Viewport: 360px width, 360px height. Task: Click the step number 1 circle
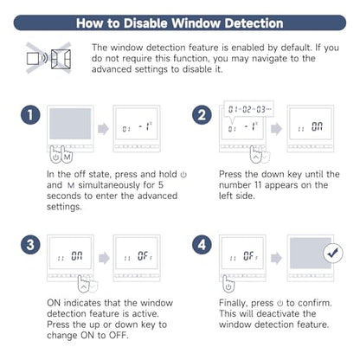coord(30,115)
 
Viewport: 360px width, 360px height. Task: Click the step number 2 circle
coord(202,115)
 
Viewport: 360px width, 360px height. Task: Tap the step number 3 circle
coord(30,245)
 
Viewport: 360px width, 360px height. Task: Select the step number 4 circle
coord(202,245)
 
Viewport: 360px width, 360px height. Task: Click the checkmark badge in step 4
coord(333,254)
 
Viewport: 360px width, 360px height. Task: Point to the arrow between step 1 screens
coord(103,129)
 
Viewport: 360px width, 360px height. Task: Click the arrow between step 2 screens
coord(276,129)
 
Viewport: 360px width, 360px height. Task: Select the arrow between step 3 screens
coord(104,258)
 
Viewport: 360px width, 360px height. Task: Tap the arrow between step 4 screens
coord(276,258)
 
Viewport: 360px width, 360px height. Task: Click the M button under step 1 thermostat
coord(67,157)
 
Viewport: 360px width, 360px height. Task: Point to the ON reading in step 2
coord(317,126)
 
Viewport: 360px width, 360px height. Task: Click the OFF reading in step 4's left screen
coord(250,256)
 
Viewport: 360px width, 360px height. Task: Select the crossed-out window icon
coord(48,58)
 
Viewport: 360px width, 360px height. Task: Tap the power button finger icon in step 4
coord(228,284)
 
